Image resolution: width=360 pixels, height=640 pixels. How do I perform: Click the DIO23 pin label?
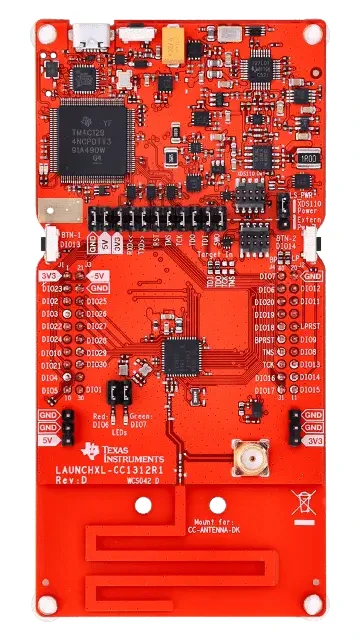53,288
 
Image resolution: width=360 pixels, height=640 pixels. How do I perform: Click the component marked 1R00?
306,158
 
